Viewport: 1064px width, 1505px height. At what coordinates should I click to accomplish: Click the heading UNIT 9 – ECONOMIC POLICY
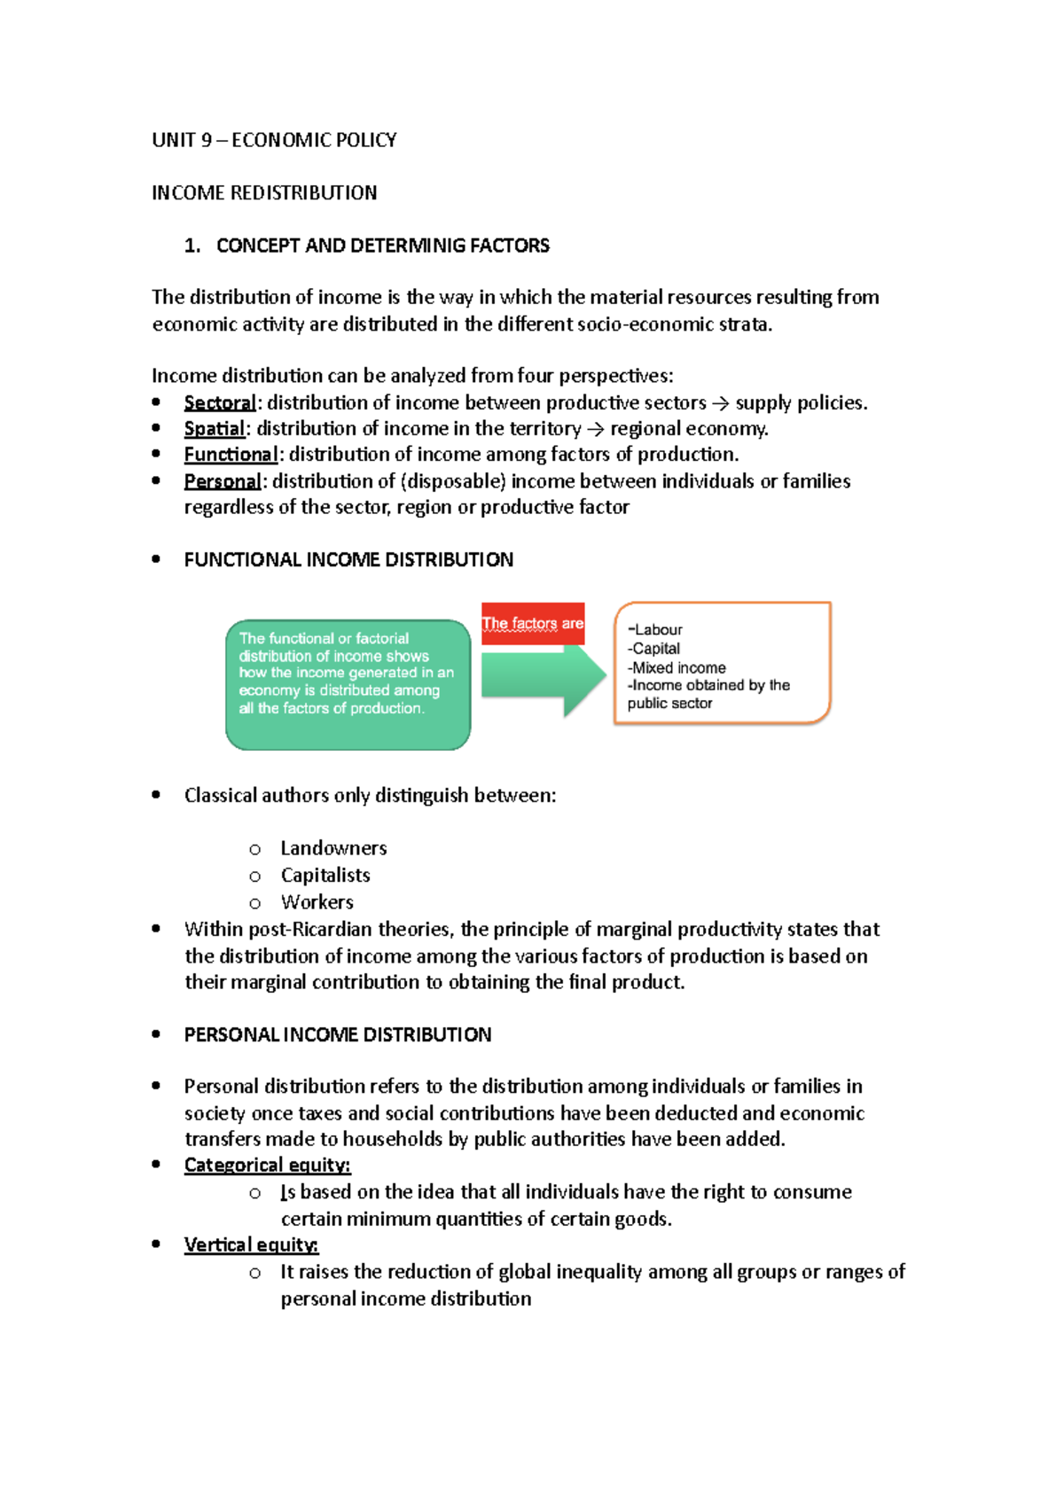coord(274,140)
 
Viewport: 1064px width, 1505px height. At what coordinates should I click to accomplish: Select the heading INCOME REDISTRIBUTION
coord(264,193)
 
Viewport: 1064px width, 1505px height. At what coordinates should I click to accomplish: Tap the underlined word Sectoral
coord(220,403)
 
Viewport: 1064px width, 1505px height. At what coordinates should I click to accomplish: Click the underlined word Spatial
coord(214,429)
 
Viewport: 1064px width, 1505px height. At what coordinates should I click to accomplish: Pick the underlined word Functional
coord(231,455)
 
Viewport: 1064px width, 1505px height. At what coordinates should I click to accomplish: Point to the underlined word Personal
coord(223,481)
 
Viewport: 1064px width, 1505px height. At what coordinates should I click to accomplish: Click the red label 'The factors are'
coord(533,623)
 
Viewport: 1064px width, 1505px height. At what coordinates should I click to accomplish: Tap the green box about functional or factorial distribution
coord(348,684)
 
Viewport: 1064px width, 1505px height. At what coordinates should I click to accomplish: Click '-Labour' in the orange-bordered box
coord(655,629)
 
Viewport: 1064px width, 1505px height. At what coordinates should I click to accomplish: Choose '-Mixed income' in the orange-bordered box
coord(677,667)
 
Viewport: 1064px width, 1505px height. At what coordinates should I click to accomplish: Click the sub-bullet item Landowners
coord(333,848)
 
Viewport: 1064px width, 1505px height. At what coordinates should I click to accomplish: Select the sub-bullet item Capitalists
coord(325,875)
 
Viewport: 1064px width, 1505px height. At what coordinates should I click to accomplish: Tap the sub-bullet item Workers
coord(317,902)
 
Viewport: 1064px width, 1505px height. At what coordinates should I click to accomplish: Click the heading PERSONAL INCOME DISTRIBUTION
coord(337,1034)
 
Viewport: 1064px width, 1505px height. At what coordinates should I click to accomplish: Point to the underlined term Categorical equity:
coord(267,1166)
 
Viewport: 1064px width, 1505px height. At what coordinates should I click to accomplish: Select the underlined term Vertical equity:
coord(251,1245)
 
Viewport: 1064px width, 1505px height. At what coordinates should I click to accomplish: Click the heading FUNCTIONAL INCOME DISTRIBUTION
coord(348,560)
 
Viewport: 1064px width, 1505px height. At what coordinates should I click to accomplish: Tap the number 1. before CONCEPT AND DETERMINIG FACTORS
coord(192,246)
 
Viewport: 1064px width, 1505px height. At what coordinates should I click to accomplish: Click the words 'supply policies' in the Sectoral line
coord(799,403)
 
